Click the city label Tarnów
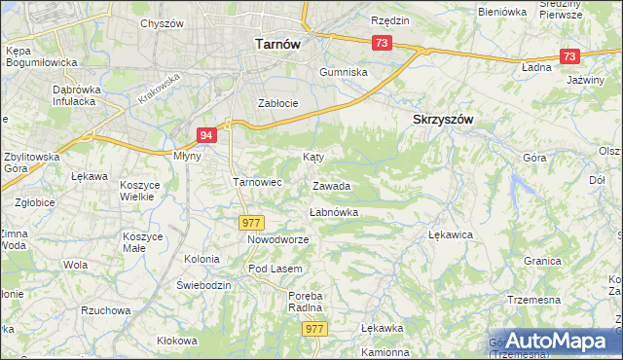click(275, 43)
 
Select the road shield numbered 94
click(205, 135)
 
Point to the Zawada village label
click(331, 186)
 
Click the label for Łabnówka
click(334, 212)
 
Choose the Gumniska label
click(345, 72)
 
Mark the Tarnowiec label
click(257, 181)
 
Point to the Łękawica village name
click(450, 234)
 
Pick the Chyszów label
click(163, 22)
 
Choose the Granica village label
click(542, 261)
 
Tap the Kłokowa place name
click(176, 341)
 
